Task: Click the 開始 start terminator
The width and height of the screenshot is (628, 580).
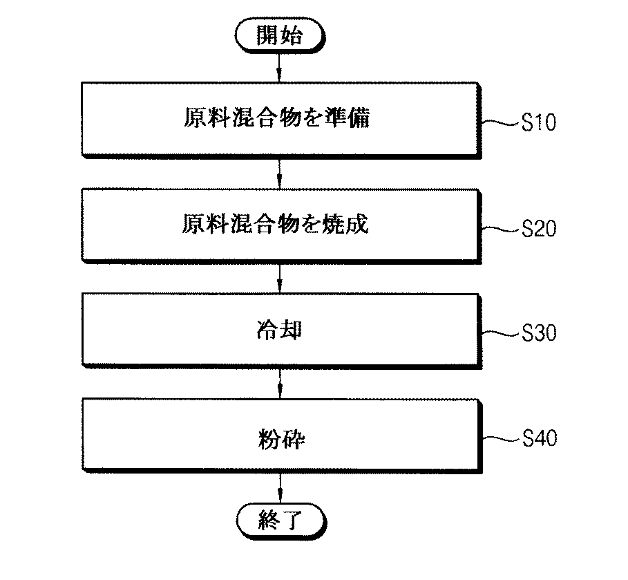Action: tap(280, 35)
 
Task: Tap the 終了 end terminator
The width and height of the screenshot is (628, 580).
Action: tap(281, 521)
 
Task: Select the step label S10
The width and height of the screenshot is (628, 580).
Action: tap(539, 122)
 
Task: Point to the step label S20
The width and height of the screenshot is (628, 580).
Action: tap(539, 228)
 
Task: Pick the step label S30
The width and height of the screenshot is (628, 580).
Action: tap(539, 333)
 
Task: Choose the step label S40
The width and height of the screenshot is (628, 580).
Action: tap(540, 438)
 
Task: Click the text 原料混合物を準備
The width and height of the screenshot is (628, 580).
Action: tap(277, 118)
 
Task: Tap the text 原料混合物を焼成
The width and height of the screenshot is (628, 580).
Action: tap(276, 224)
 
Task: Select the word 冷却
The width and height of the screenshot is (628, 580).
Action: tap(280, 330)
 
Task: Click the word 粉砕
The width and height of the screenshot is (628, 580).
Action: tap(281, 439)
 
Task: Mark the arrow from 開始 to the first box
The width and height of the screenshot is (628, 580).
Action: tap(279, 67)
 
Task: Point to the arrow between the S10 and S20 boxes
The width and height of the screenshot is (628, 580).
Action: tap(280, 174)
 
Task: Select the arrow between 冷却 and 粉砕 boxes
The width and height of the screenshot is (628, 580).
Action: tap(280, 384)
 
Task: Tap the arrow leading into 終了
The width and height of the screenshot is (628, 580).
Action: tap(280, 488)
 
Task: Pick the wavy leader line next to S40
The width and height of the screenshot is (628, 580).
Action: tap(502, 438)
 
